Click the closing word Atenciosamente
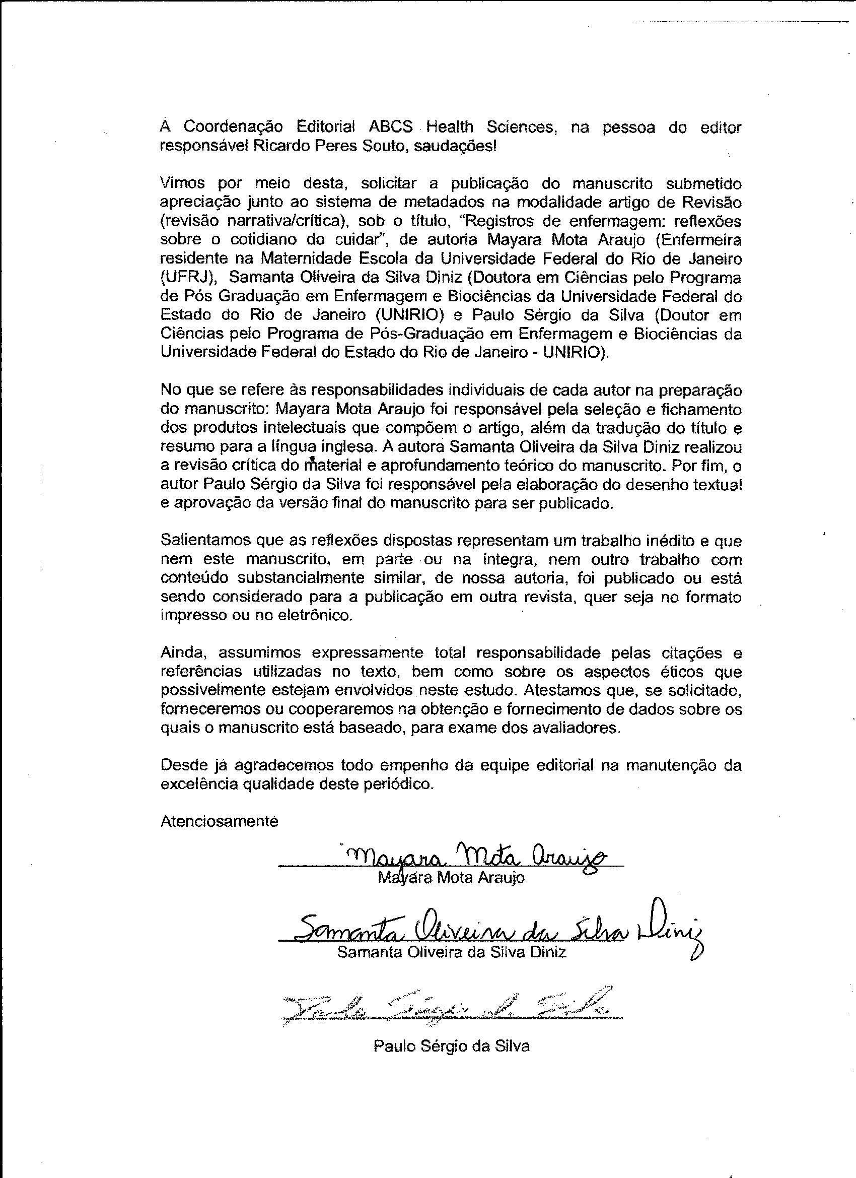point(220,821)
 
